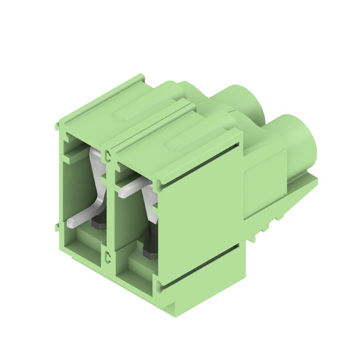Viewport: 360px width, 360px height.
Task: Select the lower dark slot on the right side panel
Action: pos(202,266)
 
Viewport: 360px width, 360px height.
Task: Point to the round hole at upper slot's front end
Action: pos(161,183)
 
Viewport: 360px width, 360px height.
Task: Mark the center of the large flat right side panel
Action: pos(202,216)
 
